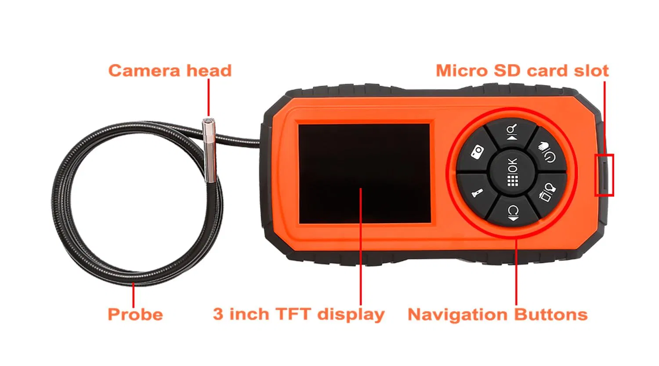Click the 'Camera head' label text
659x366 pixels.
170,71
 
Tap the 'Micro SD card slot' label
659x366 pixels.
522,71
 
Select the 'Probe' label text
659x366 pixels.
135,315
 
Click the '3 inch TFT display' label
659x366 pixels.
299,315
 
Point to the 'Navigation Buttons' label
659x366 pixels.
497,315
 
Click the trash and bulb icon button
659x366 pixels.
547,193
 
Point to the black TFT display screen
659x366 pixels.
365,174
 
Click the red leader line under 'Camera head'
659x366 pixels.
209,98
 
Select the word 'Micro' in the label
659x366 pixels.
461,71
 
